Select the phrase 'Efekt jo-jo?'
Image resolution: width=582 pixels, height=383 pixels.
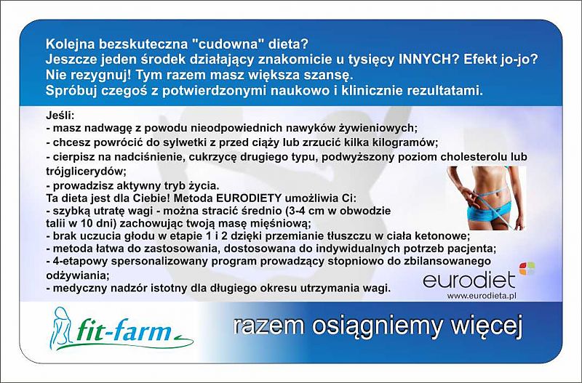pos(501,60)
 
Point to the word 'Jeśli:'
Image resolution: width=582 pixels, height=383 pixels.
pos(60,116)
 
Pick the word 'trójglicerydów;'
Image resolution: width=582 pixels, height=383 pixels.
pos(86,172)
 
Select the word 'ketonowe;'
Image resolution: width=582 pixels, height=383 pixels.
pos(442,235)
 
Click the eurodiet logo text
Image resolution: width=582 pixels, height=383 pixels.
pos(469,280)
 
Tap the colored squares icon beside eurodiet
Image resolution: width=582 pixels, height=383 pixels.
pos(527,268)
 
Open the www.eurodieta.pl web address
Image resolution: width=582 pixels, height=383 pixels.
pos(482,296)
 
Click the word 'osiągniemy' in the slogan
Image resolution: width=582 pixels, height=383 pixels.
pos(376,326)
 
